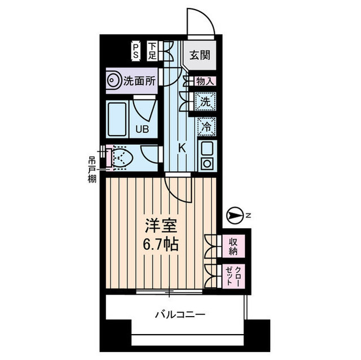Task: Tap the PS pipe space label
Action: [136, 51]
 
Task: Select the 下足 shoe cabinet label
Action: [152, 51]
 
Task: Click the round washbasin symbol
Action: [114, 81]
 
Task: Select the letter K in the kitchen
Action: [182, 148]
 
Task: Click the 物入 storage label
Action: [205, 81]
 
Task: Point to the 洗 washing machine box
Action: [205, 102]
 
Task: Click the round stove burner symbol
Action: [206, 164]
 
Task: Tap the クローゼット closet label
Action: [232, 277]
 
